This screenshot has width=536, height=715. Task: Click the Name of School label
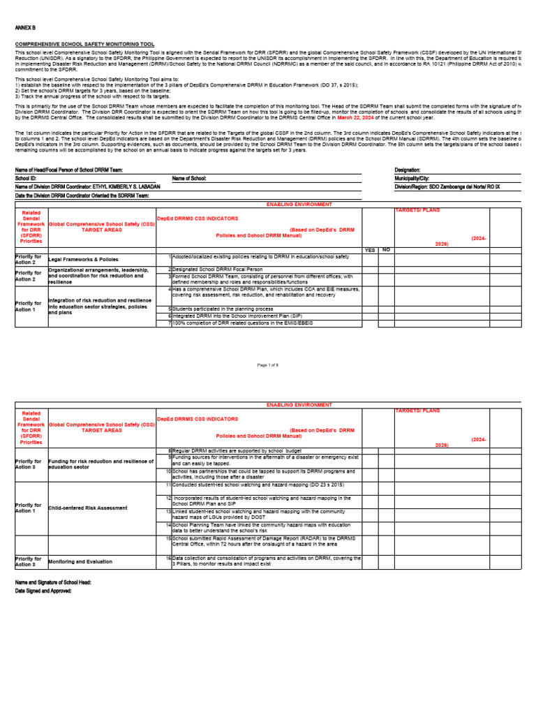pos(189,178)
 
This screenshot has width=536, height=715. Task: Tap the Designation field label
pos(408,170)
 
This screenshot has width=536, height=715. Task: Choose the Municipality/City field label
pos(412,178)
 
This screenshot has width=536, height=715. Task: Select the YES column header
pos(371,250)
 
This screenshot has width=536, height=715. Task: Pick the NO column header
pos(386,250)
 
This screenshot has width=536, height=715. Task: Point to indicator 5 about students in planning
pos(223,308)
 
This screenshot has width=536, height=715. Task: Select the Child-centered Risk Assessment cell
pos(88,508)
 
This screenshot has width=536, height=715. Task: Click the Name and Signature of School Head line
pos(53,582)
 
